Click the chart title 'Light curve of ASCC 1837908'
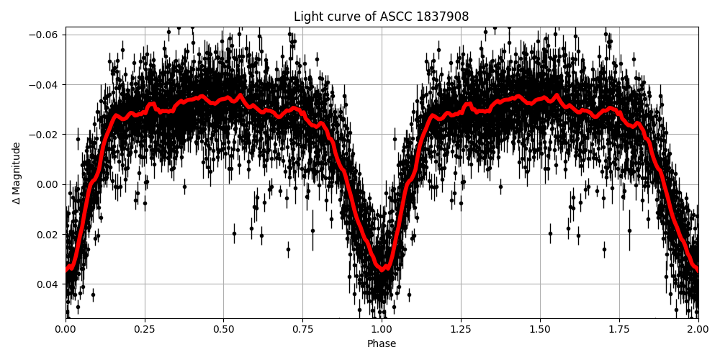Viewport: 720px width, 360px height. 381,17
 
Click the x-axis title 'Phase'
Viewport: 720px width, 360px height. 381,344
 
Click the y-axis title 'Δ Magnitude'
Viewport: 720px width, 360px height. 16,173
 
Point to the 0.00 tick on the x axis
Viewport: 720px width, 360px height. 65,330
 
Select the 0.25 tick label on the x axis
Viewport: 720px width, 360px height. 144,330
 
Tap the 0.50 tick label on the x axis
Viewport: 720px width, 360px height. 223,330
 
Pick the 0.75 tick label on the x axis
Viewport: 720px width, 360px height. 302,330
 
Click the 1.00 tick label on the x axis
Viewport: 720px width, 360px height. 382,330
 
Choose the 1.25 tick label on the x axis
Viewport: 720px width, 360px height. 461,330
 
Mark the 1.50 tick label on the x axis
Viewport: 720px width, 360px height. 540,330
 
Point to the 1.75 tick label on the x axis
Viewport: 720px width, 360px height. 619,330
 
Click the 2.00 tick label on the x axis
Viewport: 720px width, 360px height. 698,330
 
